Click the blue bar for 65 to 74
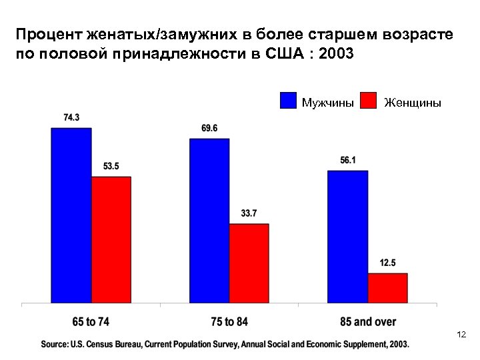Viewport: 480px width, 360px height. pos(71,215)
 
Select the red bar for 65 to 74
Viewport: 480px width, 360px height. pos(111,239)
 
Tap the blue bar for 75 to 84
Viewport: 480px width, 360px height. pos(209,221)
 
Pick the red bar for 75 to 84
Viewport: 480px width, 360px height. pos(249,263)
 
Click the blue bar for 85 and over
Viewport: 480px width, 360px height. pos(347,237)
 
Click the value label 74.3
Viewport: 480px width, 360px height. pos(71,118)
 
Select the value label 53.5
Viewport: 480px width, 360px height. pos(111,167)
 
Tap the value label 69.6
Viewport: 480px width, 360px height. pos(209,128)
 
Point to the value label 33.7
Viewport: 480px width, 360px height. pos(249,213)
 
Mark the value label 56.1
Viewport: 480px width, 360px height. pos(347,160)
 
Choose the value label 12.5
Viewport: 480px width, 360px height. pos(387,263)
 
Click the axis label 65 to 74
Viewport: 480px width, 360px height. pos(89,322)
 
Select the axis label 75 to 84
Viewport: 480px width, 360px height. pos(228,322)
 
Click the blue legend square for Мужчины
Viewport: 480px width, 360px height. pos(287,100)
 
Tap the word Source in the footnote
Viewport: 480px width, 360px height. pos(56,344)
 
